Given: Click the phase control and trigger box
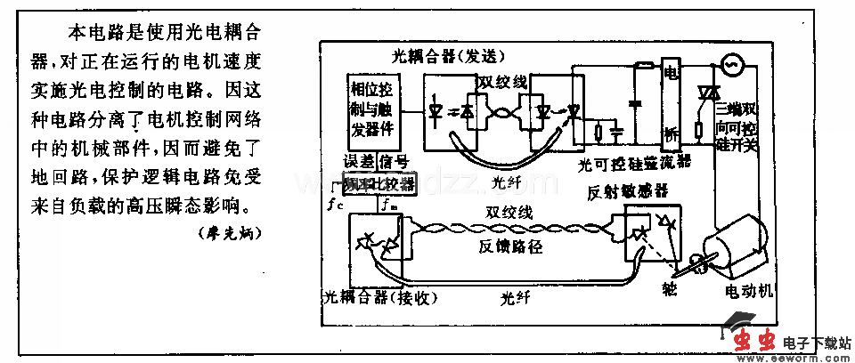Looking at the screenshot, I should pyautogui.click(x=373, y=110).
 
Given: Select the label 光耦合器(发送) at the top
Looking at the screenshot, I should pyautogui.click(x=446, y=55).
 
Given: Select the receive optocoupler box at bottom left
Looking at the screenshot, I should pyautogui.click(x=377, y=247).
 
